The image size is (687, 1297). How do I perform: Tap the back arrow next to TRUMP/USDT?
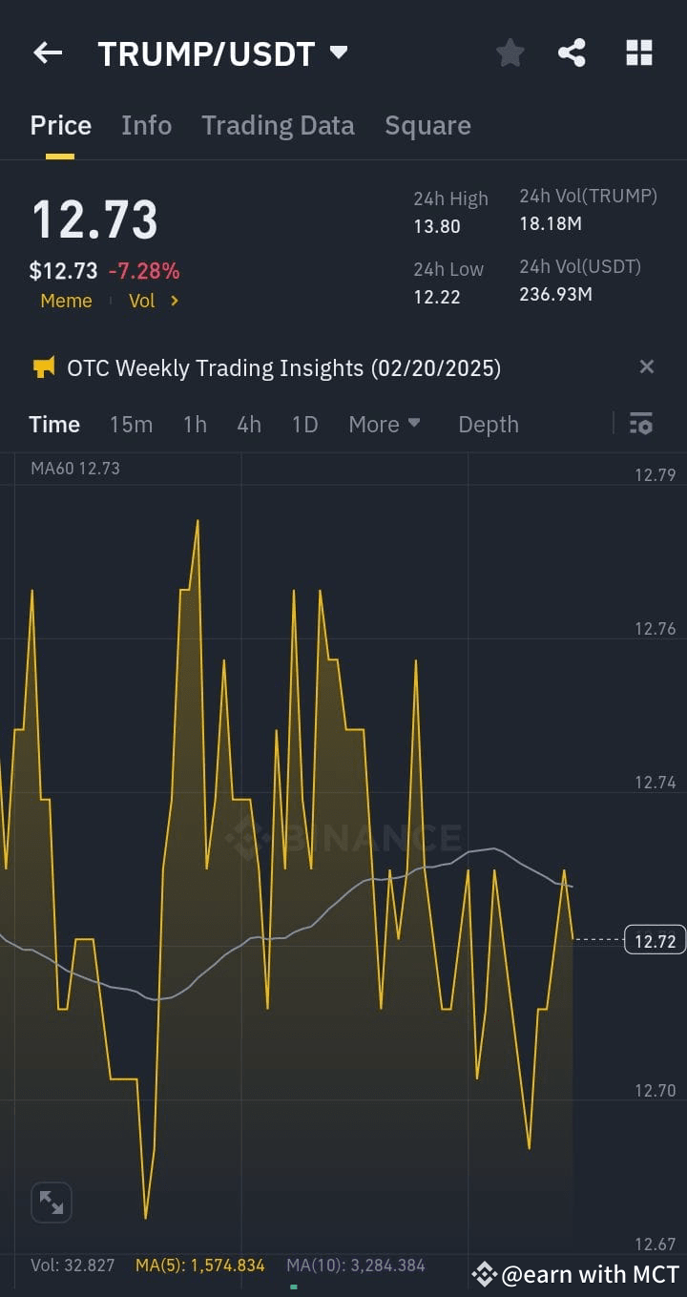48,53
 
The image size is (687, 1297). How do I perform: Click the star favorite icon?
510,53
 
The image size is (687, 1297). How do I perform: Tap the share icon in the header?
572,53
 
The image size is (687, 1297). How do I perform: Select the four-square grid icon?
638,53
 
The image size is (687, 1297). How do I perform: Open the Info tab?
146,126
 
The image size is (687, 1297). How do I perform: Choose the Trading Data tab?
278,126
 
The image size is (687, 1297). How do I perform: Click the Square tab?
427,126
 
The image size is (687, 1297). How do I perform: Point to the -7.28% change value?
144,271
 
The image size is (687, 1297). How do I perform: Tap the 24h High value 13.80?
437,226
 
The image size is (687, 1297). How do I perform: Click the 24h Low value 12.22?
437,297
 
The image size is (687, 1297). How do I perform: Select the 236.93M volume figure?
555,294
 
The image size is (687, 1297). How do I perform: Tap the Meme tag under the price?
66,301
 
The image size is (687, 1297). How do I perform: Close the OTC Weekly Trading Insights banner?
647,367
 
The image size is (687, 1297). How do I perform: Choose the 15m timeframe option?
131,425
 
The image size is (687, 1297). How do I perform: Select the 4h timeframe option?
249,425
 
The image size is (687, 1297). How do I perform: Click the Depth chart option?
489,425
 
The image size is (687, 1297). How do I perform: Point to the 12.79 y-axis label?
655,475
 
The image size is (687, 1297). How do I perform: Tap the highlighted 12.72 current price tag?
655,941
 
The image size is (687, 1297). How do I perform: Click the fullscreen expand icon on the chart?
52,1203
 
